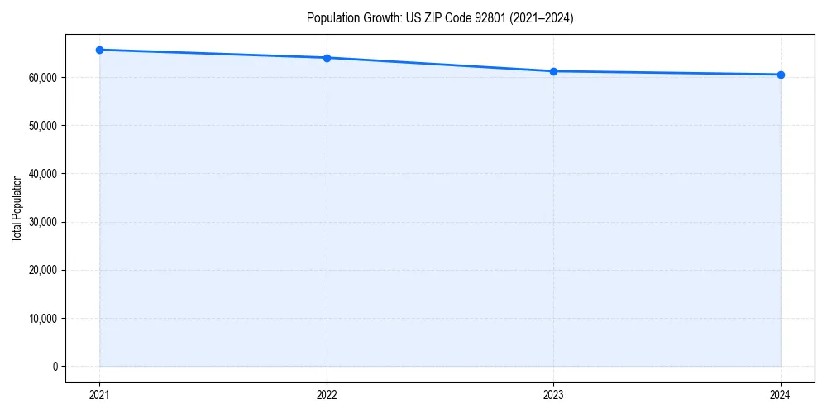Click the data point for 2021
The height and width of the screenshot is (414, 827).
pyautogui.click(x=99, y=50)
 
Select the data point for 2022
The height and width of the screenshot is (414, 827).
pyautogui.click(x=327, y=58)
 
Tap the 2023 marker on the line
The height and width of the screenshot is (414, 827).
pyautogui.click(x=553, y=71)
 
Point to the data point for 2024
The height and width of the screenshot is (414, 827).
pyautogui.click(x=781, y=75)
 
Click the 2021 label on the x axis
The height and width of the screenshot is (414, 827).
pyautogui.click(x=99, y=395)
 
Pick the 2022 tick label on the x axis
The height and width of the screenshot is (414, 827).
pyautogui.click(x=327, y=395)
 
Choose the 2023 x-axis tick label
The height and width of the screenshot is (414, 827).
pyautogui.click(x=553, y=395)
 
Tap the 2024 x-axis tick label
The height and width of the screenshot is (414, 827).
pyautogui.click(x=781, y=395)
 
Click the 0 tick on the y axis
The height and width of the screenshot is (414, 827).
pyautogui.click(x=55, y=367)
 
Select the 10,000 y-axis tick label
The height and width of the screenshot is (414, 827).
pyautogui.click(x=44, y=319)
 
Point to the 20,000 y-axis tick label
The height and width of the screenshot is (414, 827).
pyautogui.click(x=44, y=271)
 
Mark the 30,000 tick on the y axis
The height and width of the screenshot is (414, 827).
pyautogui.click(x=44, y=222)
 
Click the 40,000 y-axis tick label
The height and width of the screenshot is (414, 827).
pyautogui.click(x=44, y=174)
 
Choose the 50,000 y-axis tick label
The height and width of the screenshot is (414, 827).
pyautogui.click(x=44, y=126)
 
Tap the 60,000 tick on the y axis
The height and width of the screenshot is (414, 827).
pyautogui.click(x=44, y=78)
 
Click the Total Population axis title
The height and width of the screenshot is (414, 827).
pyautogui.click(x=17, y=208)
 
